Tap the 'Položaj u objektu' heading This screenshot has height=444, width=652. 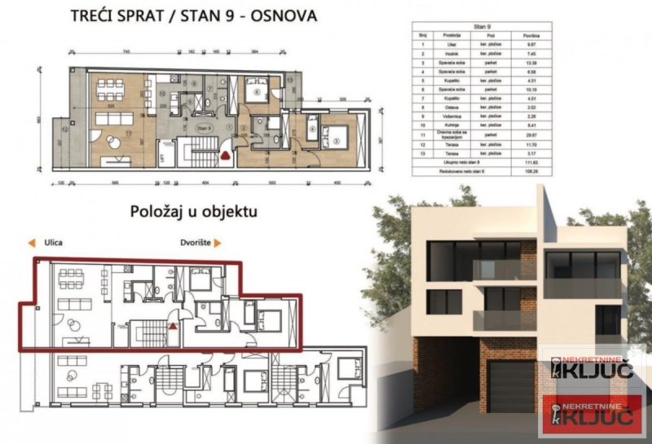click(x=194, y=213)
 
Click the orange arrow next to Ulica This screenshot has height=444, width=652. click(x=30, y=243)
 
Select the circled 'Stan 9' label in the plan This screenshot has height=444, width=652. click(x=204, y=128)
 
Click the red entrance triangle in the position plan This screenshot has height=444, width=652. click(x=173, y=324)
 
